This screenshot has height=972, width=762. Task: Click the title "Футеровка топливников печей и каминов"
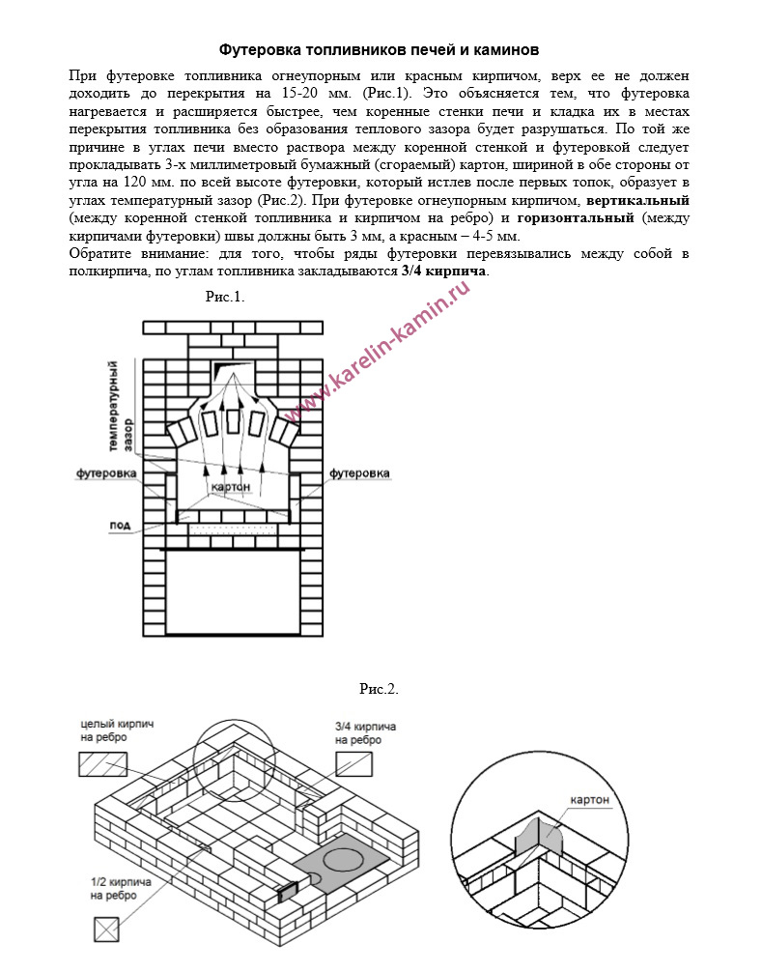click(x=379, y=48)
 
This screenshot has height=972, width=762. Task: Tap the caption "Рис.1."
click(x=225, y=296)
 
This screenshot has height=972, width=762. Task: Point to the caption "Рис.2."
click(x=379, y=689)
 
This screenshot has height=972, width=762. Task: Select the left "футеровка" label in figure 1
click(x=107, y=473)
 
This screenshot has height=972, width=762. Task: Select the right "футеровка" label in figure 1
click(x=359, y=473)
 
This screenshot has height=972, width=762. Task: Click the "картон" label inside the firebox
click(x=230, y=487)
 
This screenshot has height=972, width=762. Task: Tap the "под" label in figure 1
click(x=120, y=525)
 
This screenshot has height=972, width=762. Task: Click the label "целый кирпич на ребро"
click(x=117, y=730)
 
